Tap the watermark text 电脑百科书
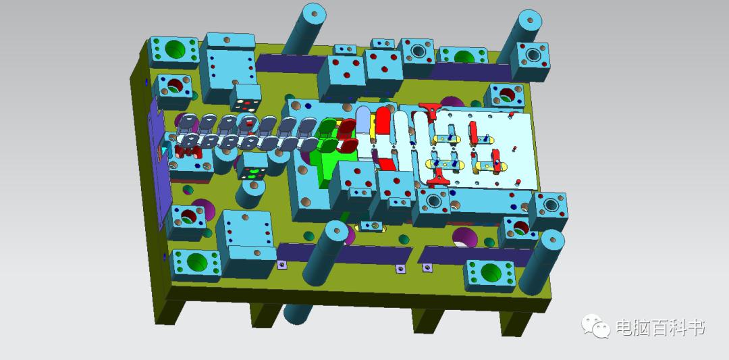tap(661, 328)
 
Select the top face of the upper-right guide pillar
tap(529, 19)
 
